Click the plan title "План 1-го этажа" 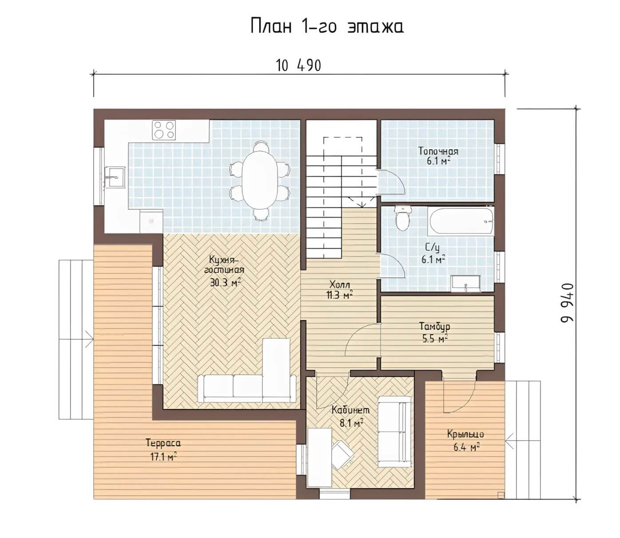click(327, 26)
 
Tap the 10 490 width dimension click(298, 65)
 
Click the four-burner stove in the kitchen click(164, 130)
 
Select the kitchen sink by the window click(115, 177)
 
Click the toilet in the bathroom click(402, 218)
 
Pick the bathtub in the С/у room click(461, 221)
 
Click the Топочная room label click(438, 151)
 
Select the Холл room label click(340, 284)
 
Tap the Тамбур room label click(435, 327)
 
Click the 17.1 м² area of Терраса click(163, 457)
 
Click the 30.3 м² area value click(226, 282)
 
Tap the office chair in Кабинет click(342, 454)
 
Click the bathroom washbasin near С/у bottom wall click(465, 284)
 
